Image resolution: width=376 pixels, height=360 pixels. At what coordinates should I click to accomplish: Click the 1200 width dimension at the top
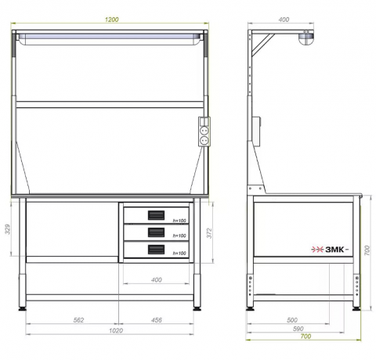tap(112, 20)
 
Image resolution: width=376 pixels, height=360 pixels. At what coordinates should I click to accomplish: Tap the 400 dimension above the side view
tap(284, 20)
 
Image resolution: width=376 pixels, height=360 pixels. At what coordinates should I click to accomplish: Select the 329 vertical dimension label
tap(8, 229)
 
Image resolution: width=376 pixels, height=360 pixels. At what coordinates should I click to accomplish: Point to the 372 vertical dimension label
tap(209, 233)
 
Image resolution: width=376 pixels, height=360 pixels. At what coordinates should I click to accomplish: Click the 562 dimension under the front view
tap(78, 320)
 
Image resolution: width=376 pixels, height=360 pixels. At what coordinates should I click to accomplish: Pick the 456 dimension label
tap(157, 320)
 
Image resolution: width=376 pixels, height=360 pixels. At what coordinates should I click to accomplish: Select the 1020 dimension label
tap(116, 330)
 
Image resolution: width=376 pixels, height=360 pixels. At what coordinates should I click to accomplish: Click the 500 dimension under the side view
tap(292, 320)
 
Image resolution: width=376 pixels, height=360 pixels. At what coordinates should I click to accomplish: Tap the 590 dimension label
tap(298, 329)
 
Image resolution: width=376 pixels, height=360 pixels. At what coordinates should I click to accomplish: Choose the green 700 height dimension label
tap(367, 250)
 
